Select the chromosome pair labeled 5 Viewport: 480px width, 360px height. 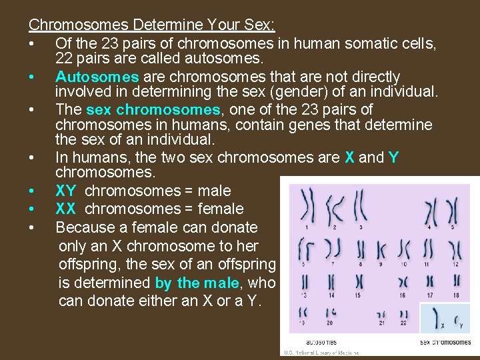coord(453,211)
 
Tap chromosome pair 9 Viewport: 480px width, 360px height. coord(381,251)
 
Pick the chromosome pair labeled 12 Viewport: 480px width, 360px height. coord(455,251)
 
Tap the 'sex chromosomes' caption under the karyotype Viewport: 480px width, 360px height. coord(445,342)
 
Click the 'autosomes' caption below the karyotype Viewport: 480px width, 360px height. coord(321,342)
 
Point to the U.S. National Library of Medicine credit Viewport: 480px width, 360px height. coord(321,353)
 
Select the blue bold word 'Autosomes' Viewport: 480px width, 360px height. coord(97,77)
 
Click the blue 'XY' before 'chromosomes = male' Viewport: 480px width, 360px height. coord(66,191)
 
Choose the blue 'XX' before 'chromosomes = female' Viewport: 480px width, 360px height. coord(66,209)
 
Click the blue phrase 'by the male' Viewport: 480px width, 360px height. coord(196,282)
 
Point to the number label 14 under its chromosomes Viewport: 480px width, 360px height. coord(331,295)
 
